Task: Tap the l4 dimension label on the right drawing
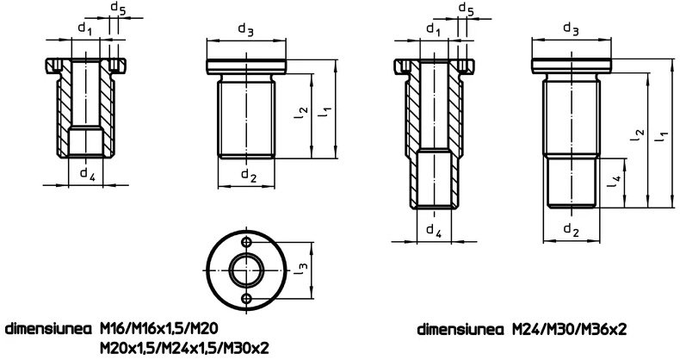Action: (x=615, y=182)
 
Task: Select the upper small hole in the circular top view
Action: (x=247, y=242)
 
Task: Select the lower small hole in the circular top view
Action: (x=247, y=298)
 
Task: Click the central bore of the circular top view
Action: (x=247, y=270)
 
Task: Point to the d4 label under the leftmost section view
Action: (x=87, y=173)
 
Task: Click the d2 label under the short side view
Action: (x=248, y=175)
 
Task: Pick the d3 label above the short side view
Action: (x=245, y=29)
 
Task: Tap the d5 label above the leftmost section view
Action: (x=118, y=9)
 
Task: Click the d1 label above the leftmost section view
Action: (x=85, y=28)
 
